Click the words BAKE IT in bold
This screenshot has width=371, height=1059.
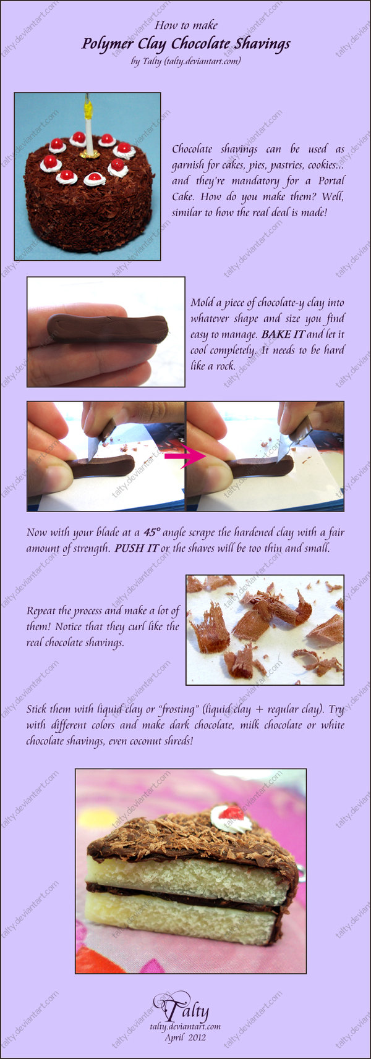pyautogui.click(x=283, y=334)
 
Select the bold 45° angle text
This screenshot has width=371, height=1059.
pyautogui.click(x=151, y=532)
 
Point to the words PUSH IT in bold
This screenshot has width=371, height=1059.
pyautogui.click(x=136, y=548)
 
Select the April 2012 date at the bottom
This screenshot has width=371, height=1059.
pyautogui.click(x=185, y=1037)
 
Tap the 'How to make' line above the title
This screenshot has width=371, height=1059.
pyautogui.click(x=185, y=25)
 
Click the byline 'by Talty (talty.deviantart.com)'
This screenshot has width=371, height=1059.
pyautogui.click(x=185, y=61)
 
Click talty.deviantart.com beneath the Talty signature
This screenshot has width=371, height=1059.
pyautogui.click(x=185, y=1026)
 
